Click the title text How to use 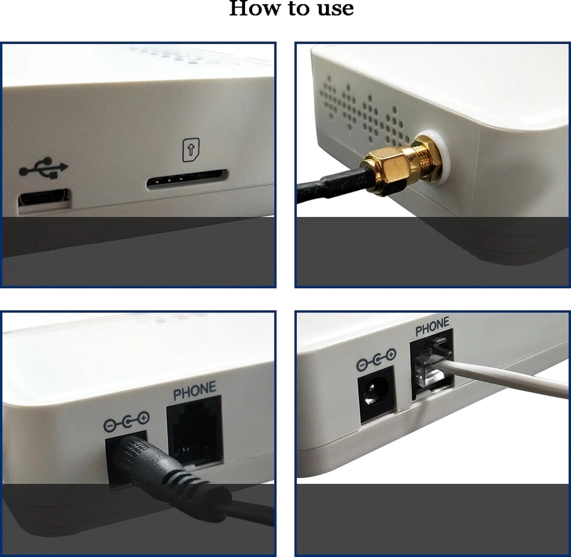(291, 9)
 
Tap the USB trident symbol (44, 169)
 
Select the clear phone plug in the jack (432, 364)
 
